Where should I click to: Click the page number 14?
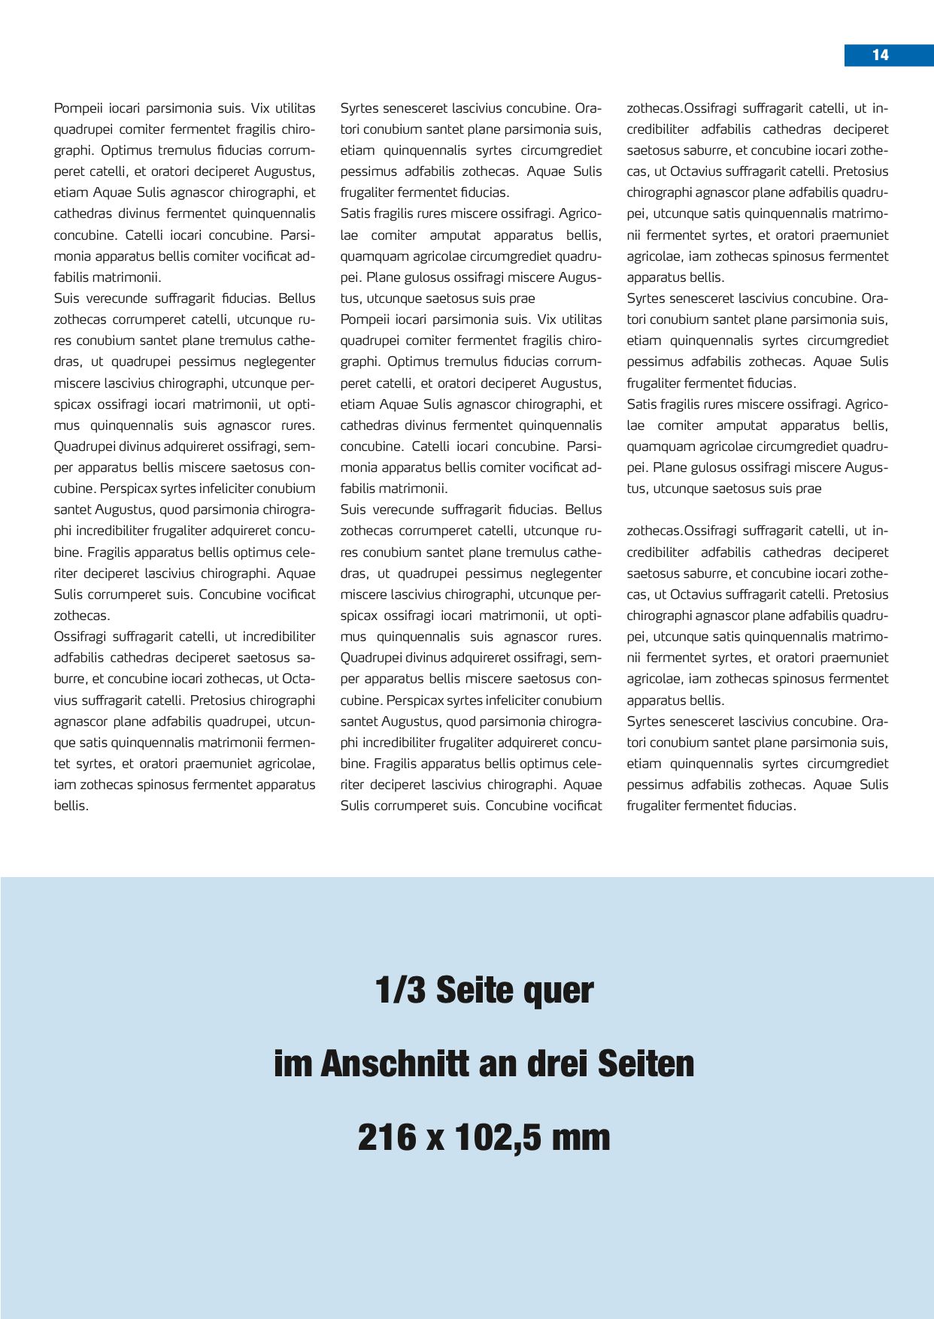tap(880, 55)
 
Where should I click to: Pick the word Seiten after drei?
tap(646, 1063)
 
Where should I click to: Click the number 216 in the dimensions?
tap(387, 1137)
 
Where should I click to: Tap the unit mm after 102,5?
tap(581, 1137)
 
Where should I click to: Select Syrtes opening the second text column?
tap(359, 108)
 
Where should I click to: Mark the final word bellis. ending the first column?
tap(71, 806)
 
